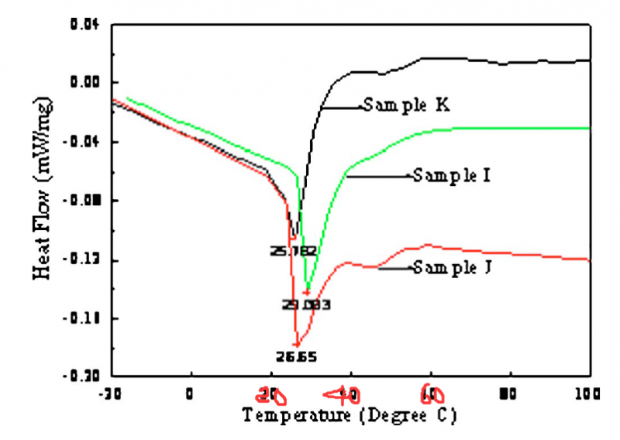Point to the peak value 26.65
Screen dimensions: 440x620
tap(296, 357)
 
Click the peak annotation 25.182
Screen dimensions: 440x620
tap(293, 250)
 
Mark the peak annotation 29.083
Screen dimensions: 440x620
tap(307, 304)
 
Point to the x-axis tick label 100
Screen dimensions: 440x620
tap(589, 394)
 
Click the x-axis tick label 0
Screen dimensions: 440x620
tap(191, 394)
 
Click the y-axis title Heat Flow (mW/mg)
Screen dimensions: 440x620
tap(44, 200)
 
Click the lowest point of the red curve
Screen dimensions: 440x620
tap(296, 345)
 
